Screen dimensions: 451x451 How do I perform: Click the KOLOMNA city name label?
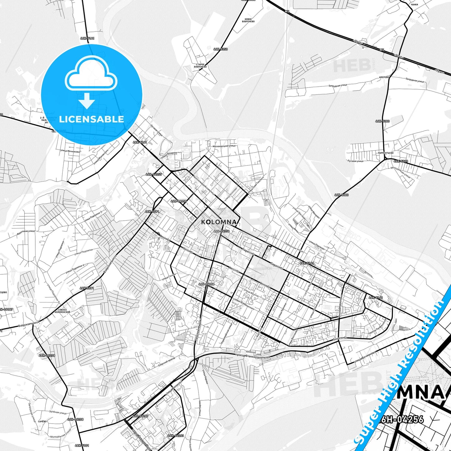tap(219, 222)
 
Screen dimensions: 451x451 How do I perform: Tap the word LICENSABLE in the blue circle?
tap(91, 119)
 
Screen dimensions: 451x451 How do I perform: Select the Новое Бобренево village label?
tap(248, 20)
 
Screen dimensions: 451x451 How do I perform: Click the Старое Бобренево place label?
tap(200, 66)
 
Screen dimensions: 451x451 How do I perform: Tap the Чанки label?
tap(414, 5)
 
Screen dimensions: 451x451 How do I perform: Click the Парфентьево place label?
tap(385, 153)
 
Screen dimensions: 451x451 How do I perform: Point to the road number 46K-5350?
tap(220, 49)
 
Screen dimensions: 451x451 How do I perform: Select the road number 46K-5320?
tap(401, 161)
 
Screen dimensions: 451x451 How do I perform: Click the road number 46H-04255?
tap(154, 174)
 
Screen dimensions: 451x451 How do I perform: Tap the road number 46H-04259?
tap(179, 201)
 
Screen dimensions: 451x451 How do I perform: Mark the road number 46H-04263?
tap(175, 436)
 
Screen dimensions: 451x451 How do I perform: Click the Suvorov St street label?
tap(340, 338)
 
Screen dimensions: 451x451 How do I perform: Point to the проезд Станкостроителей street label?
tap(253, 356)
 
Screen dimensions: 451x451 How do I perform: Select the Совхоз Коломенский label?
tap(62, 311)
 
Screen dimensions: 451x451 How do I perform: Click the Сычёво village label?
tap(42, 421)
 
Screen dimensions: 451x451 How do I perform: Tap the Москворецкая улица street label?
tap(224, 146)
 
